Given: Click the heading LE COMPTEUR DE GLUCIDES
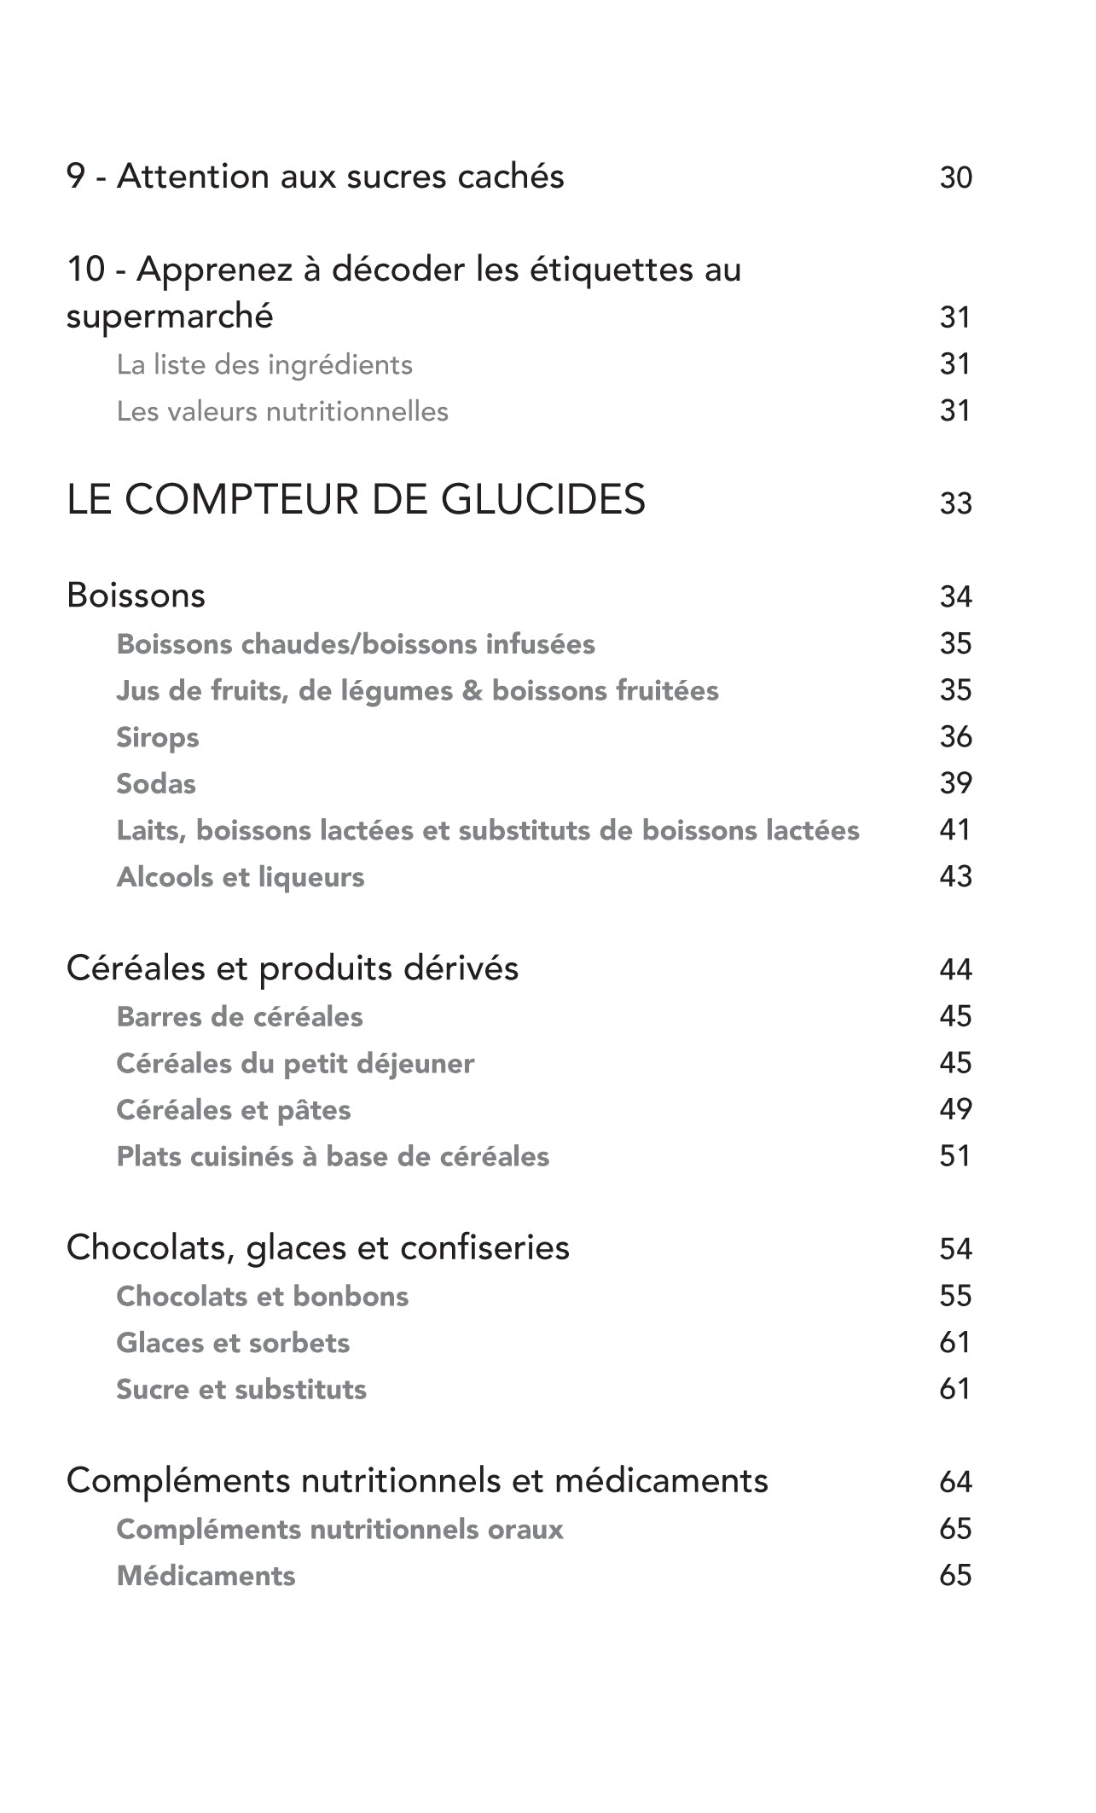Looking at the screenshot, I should point(356,500).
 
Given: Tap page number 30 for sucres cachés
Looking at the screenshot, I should point(955,177).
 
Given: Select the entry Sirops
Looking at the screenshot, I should point(158,737).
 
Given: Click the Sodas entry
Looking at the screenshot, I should point(156,784).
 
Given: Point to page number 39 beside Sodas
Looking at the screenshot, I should point(955,784).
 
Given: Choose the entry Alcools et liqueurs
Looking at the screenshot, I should point(241,877).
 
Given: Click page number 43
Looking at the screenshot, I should point(955,877).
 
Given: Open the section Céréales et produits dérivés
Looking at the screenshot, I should point(293,969).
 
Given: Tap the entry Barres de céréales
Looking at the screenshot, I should point(240,1017).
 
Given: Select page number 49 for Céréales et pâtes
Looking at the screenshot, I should point(955,1110).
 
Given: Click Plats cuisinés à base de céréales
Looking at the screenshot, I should point(333,1157).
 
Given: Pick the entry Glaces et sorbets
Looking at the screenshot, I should point(233,1343).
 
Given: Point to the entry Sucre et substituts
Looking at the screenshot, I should point(241,1390).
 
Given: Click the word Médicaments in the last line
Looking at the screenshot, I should point(206,1576).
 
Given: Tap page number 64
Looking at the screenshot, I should point(955,1482).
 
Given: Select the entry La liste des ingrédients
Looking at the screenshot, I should point(264,365).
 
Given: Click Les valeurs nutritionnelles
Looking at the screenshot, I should point(282,412).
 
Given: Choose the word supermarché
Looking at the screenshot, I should point(170,317).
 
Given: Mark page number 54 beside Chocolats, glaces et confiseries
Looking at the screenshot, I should point(955,1250).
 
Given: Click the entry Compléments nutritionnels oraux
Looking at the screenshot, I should point(339,1529).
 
